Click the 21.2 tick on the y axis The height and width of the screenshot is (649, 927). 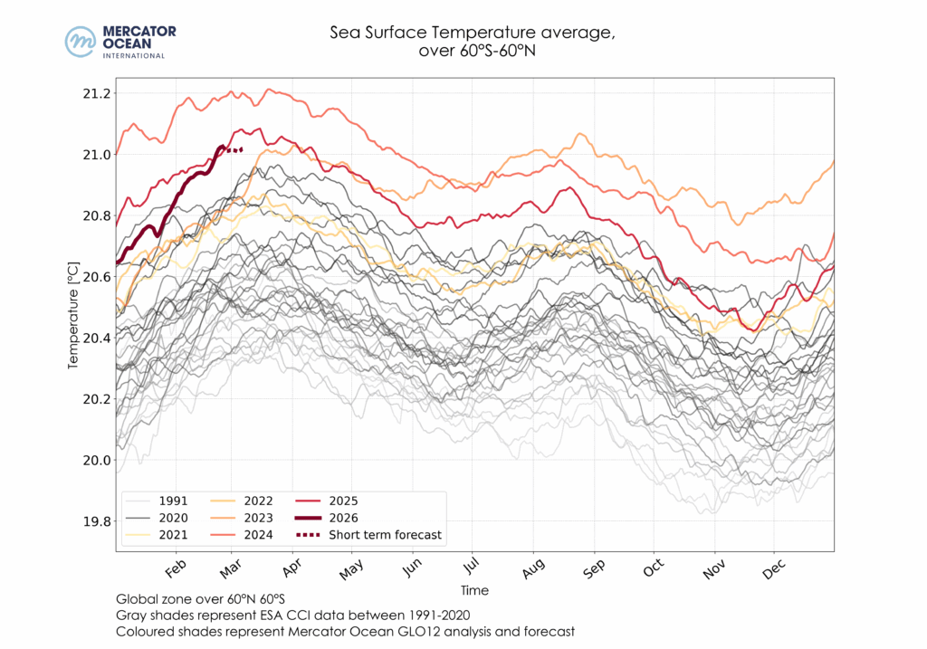tap(96, 93)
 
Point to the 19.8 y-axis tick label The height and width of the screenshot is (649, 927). tap(96, 521)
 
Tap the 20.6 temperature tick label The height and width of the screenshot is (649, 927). tap(96, 277)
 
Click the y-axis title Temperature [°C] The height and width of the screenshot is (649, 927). tap(73, 308)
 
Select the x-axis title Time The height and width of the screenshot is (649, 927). tap(474, 590)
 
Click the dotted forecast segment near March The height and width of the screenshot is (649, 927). tap(234, 150)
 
